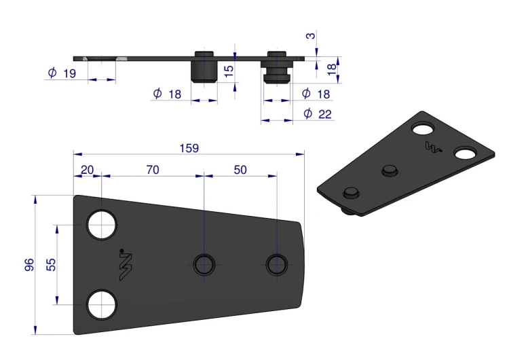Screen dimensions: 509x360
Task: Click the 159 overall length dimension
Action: tap(189, 149)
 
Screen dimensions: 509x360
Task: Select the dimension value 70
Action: tap(153, 170)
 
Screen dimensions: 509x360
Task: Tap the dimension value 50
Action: tap(240, 170)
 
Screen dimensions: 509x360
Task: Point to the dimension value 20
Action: tap(87, 170)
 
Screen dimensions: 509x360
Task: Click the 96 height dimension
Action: tap(29, 264)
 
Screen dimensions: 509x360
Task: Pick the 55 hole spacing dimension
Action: tap(52, 264)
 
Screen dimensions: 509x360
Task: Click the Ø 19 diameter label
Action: tap(62, 73)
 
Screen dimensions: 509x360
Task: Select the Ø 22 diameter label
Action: tap(318, 113)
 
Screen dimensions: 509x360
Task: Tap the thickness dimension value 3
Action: tap(311, 35)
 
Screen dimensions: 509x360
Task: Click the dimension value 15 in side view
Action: tap(229, 71)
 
